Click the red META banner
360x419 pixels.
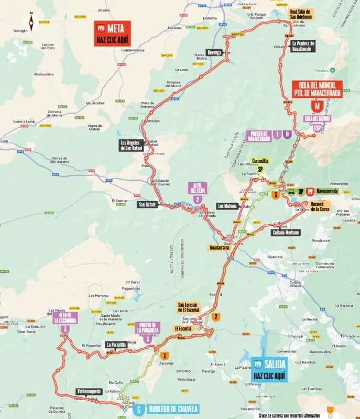(112, 34)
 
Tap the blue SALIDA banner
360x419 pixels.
(269, 369)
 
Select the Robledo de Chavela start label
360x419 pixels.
(166, 409)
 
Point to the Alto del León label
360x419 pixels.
(198, 188)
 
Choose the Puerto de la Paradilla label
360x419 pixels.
(147, 328)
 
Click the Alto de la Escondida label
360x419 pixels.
(64, 317)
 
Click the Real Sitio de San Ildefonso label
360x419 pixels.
(301, 14)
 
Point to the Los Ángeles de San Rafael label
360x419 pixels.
(131, 145)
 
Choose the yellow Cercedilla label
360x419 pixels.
(260, 161)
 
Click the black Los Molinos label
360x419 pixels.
(227, 206)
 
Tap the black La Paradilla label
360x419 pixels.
(116, 345)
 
